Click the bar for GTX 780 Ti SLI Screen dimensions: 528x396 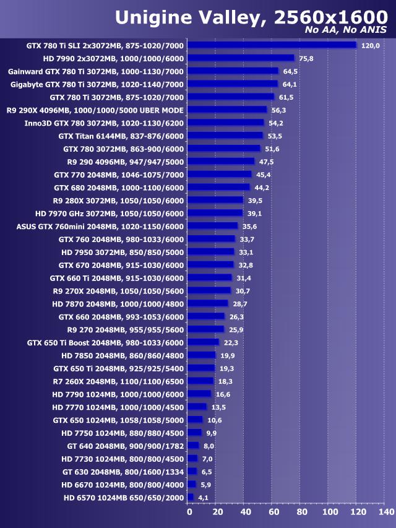[x=272, y=45]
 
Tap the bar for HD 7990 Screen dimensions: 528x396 [x=241, y=58]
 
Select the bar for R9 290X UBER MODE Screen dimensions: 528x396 [x=227, y=110]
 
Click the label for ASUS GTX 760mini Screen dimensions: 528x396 [x=100, y=226]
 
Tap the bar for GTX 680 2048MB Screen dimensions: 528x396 [x=218, y=187]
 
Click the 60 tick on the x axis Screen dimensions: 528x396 [x=273, y=513]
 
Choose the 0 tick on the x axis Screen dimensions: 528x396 [x=189, y=513]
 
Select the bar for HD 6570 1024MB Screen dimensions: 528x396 [x=191, y=497]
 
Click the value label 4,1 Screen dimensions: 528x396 [x=204, y=498]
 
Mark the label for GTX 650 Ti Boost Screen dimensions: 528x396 [x=106, y=342]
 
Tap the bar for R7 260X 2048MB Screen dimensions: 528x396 [x=200, y=381]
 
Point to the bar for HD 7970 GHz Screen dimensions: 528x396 [x=215, y=213]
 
